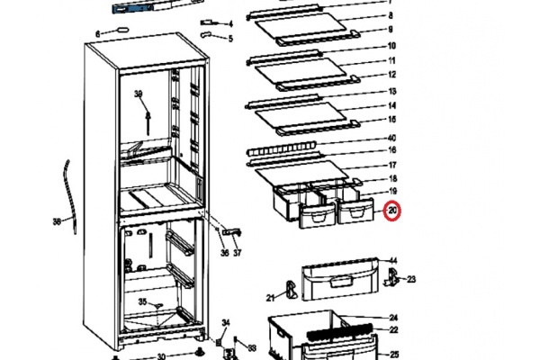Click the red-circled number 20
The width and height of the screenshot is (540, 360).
pyautogui.click(x=392, y=211)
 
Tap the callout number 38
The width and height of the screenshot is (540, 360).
pyautogui.click(x=58, y=221)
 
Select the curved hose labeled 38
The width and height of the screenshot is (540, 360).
pyautogui.click(x=70, y=197)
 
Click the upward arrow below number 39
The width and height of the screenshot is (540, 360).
pyautogui.click(x=148, y=122)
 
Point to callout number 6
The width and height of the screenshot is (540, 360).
pyautogui.click(x=98, y=34)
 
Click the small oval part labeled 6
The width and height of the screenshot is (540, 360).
pyautogui.click(x=123, y=29)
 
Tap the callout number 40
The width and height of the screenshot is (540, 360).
pyautogui.click(x=391, y=138)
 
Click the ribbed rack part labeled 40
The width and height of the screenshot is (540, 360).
pyautogui.click(x=282, y=149)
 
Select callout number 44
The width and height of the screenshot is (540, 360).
pyautogui.click(x=393, y=261)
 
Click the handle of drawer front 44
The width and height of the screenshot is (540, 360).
pyautogui.click(x=341, y=282)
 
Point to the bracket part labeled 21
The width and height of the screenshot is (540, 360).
pyautogui.click(x=292, y=290)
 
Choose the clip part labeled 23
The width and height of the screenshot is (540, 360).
pyautogui.click(x=392, y=276)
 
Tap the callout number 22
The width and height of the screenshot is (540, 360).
pyautogui.click(x=393, y=329)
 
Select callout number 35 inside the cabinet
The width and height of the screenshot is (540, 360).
pyautogui.click(x=142, y=301)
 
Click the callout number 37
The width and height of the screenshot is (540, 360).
pyautogui.click(x=238, y=253)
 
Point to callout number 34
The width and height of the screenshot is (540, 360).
pyautogui.click(x=226, y=323)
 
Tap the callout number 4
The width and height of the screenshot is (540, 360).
pyautogui.click(x=230, y=23)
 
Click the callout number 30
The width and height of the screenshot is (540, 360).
pyautogui.click(x=161, y=356)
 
